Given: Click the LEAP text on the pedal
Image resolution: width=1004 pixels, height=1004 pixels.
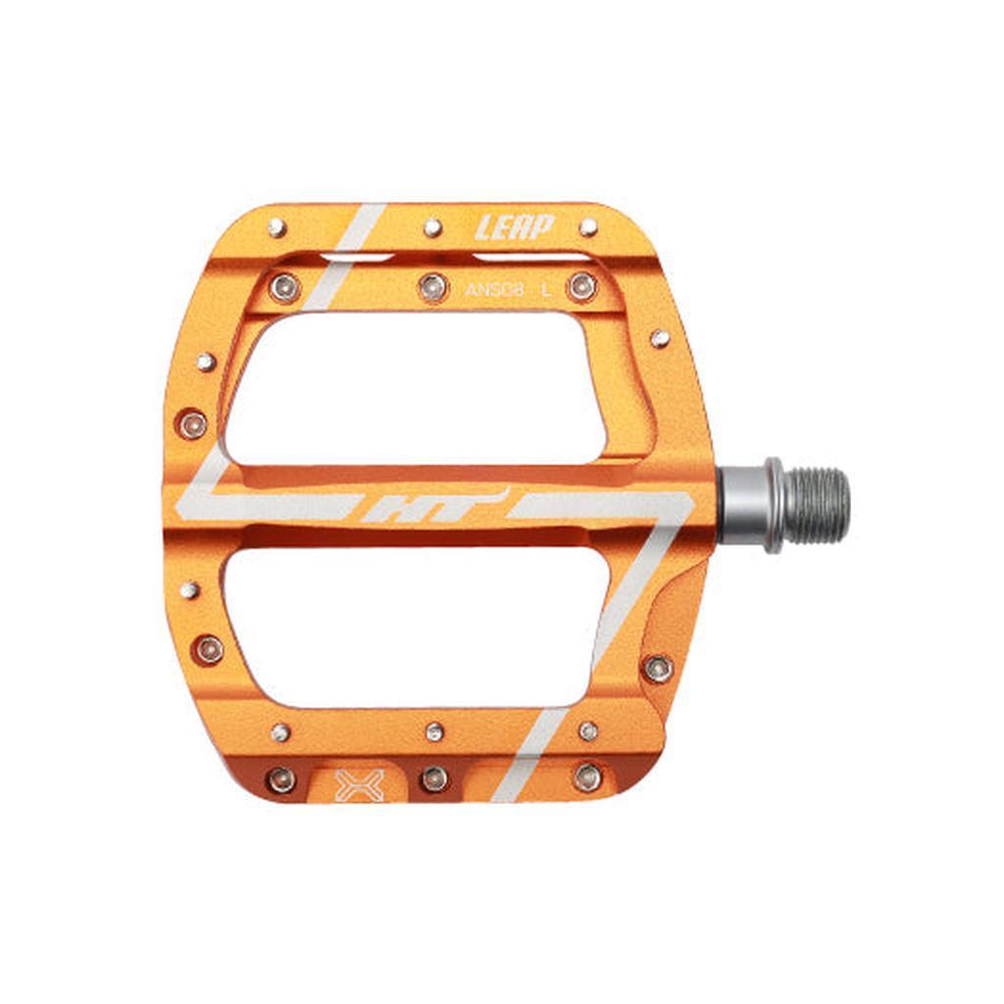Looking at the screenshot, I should [x=515, y=227].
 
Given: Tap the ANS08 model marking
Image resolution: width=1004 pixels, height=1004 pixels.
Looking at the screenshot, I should [x=495, y=289].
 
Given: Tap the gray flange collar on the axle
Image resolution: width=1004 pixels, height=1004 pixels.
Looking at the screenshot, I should [x=774, y=505].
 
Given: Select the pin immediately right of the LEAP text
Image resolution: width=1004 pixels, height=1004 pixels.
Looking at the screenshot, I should [x=588, y=227].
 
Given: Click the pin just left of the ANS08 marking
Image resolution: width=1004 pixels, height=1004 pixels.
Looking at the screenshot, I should [x=433, y=286].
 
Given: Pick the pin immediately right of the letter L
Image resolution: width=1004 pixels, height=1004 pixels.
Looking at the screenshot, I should [x=582, y=286].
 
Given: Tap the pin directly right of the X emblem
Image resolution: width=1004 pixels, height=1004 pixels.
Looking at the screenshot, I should [x=434, y=778].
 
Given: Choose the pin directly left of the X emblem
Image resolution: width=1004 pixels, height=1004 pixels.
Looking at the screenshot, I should [x=282, y=779].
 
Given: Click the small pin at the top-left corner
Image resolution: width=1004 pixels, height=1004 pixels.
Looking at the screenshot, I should [x=277, y=227].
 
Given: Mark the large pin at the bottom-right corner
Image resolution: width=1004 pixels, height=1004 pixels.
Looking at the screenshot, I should [x=587, y=778].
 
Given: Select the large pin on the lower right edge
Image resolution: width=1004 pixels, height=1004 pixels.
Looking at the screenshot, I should [x=658, y=669].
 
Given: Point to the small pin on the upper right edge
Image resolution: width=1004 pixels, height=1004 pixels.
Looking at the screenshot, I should [x=660, y=338].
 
